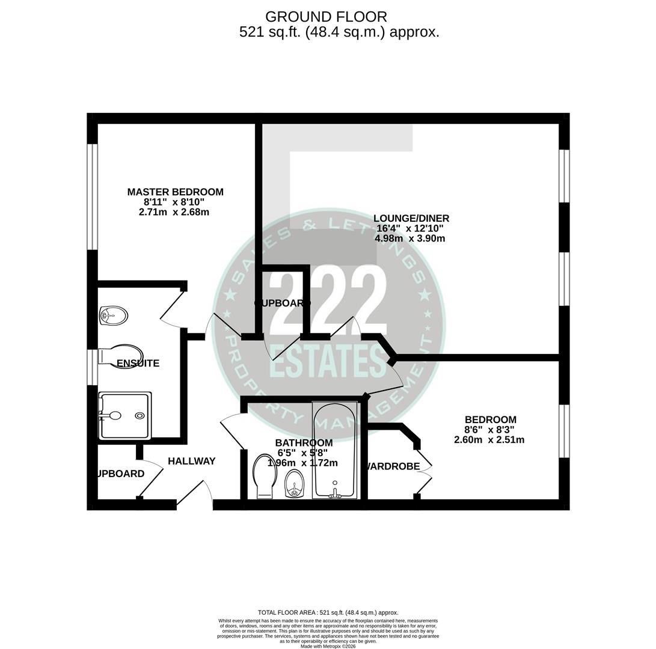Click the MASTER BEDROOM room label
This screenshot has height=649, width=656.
click(175, 192)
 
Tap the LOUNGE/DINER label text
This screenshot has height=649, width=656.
click(411, 218)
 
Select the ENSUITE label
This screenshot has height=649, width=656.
click(138, 363)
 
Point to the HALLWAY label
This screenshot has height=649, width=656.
click(191, 461)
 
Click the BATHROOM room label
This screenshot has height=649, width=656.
click(304, 443)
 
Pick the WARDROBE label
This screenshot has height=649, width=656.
click(392, 466)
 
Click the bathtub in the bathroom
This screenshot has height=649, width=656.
click(335, 449)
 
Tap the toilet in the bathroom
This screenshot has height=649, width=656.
click(265, 475)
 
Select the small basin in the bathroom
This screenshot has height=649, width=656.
click(294, 483)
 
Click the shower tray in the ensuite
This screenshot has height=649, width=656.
click(125, 415)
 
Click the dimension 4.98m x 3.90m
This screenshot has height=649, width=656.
click(409, 239)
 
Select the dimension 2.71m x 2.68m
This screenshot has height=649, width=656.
click(174, 212)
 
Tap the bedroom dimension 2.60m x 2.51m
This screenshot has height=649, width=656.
click(489, 440)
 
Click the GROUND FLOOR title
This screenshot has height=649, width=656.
click(326, 17)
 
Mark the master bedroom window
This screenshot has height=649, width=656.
click(93, 197)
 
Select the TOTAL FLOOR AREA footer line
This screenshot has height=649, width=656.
click(328, 612)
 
